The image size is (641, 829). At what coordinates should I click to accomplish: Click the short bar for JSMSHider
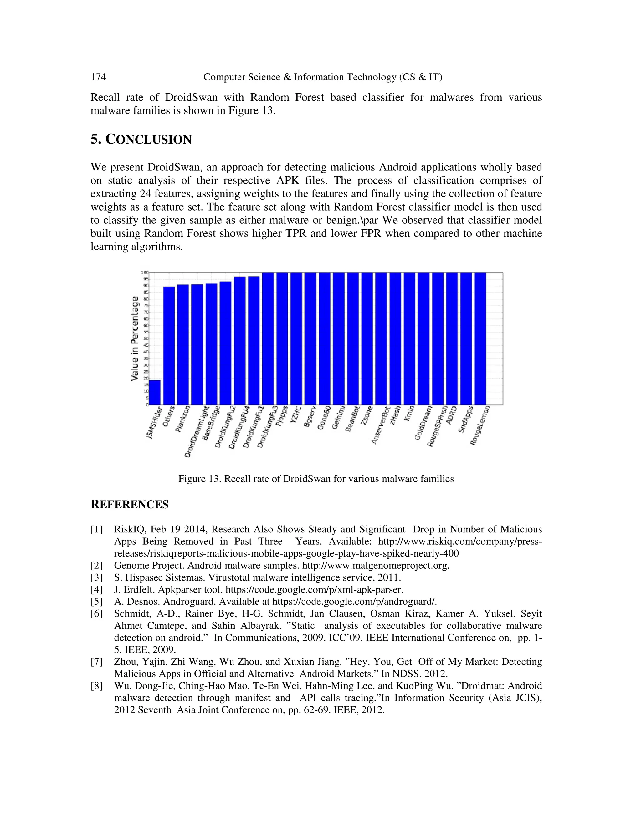[155, 393]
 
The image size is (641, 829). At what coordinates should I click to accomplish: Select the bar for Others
[169, 345]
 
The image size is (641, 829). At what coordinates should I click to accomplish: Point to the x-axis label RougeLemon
[480, 425]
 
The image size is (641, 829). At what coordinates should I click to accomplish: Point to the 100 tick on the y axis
[145, 272]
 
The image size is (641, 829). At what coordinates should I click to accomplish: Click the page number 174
[98, 77]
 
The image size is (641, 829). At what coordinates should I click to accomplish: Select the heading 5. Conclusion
[141, 140]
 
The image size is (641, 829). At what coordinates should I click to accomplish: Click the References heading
[129, 505]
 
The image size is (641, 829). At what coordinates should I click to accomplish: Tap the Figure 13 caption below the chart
[316, 479]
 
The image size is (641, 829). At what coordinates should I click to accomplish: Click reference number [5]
[96, 602]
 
